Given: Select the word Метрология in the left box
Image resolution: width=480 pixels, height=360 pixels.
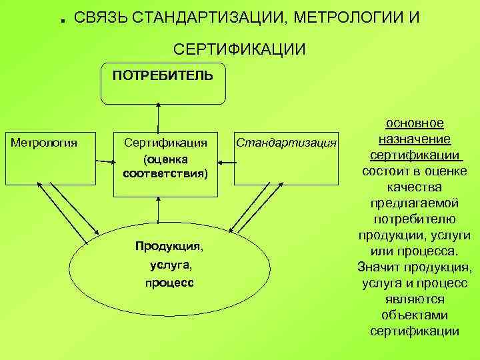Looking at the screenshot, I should click(x=44, y=142).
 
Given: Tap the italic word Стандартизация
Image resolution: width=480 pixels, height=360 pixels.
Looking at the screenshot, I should click(x=287, y=143).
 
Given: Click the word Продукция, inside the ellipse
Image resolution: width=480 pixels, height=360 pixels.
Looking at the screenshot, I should click(x=169, y=246).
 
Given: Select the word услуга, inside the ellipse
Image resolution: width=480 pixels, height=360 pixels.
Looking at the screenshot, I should click(x=169, y=265).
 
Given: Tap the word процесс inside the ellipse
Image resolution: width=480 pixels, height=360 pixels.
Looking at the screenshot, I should click(x=169, y=283).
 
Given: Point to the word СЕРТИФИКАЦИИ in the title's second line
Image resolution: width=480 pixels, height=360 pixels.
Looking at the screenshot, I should click(x=240, y=49).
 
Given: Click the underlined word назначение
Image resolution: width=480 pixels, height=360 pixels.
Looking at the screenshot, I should click(x=415, y=139).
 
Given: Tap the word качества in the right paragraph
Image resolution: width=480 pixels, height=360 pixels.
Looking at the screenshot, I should click(x=415, y=187).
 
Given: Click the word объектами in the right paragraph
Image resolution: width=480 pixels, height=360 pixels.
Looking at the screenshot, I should click(x=415, y=315).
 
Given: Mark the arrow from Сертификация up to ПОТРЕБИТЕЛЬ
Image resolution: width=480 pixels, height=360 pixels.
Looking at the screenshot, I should click(x=159, y=117).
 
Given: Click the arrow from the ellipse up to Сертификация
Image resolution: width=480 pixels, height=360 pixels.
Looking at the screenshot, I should click(x=159, y=209).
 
